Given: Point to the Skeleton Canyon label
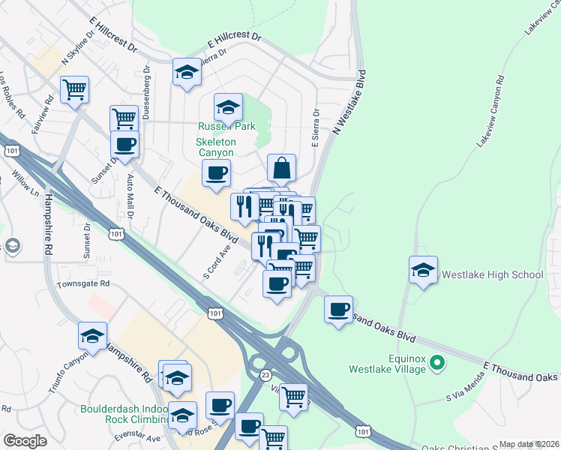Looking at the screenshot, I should click(x=216, y=147).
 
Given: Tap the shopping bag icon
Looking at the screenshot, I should click(x=281, y=169).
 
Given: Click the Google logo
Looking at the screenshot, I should click(x=25, y=441).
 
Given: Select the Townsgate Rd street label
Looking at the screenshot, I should click(x=83, y=284).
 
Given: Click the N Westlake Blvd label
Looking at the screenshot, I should click(x=348, y=103).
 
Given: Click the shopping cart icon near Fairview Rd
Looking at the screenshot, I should click(x=74, y=90).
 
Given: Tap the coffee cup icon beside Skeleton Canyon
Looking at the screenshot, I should click(x=216, y=173).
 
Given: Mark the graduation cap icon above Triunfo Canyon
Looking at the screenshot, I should click(x=92, y=336).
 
